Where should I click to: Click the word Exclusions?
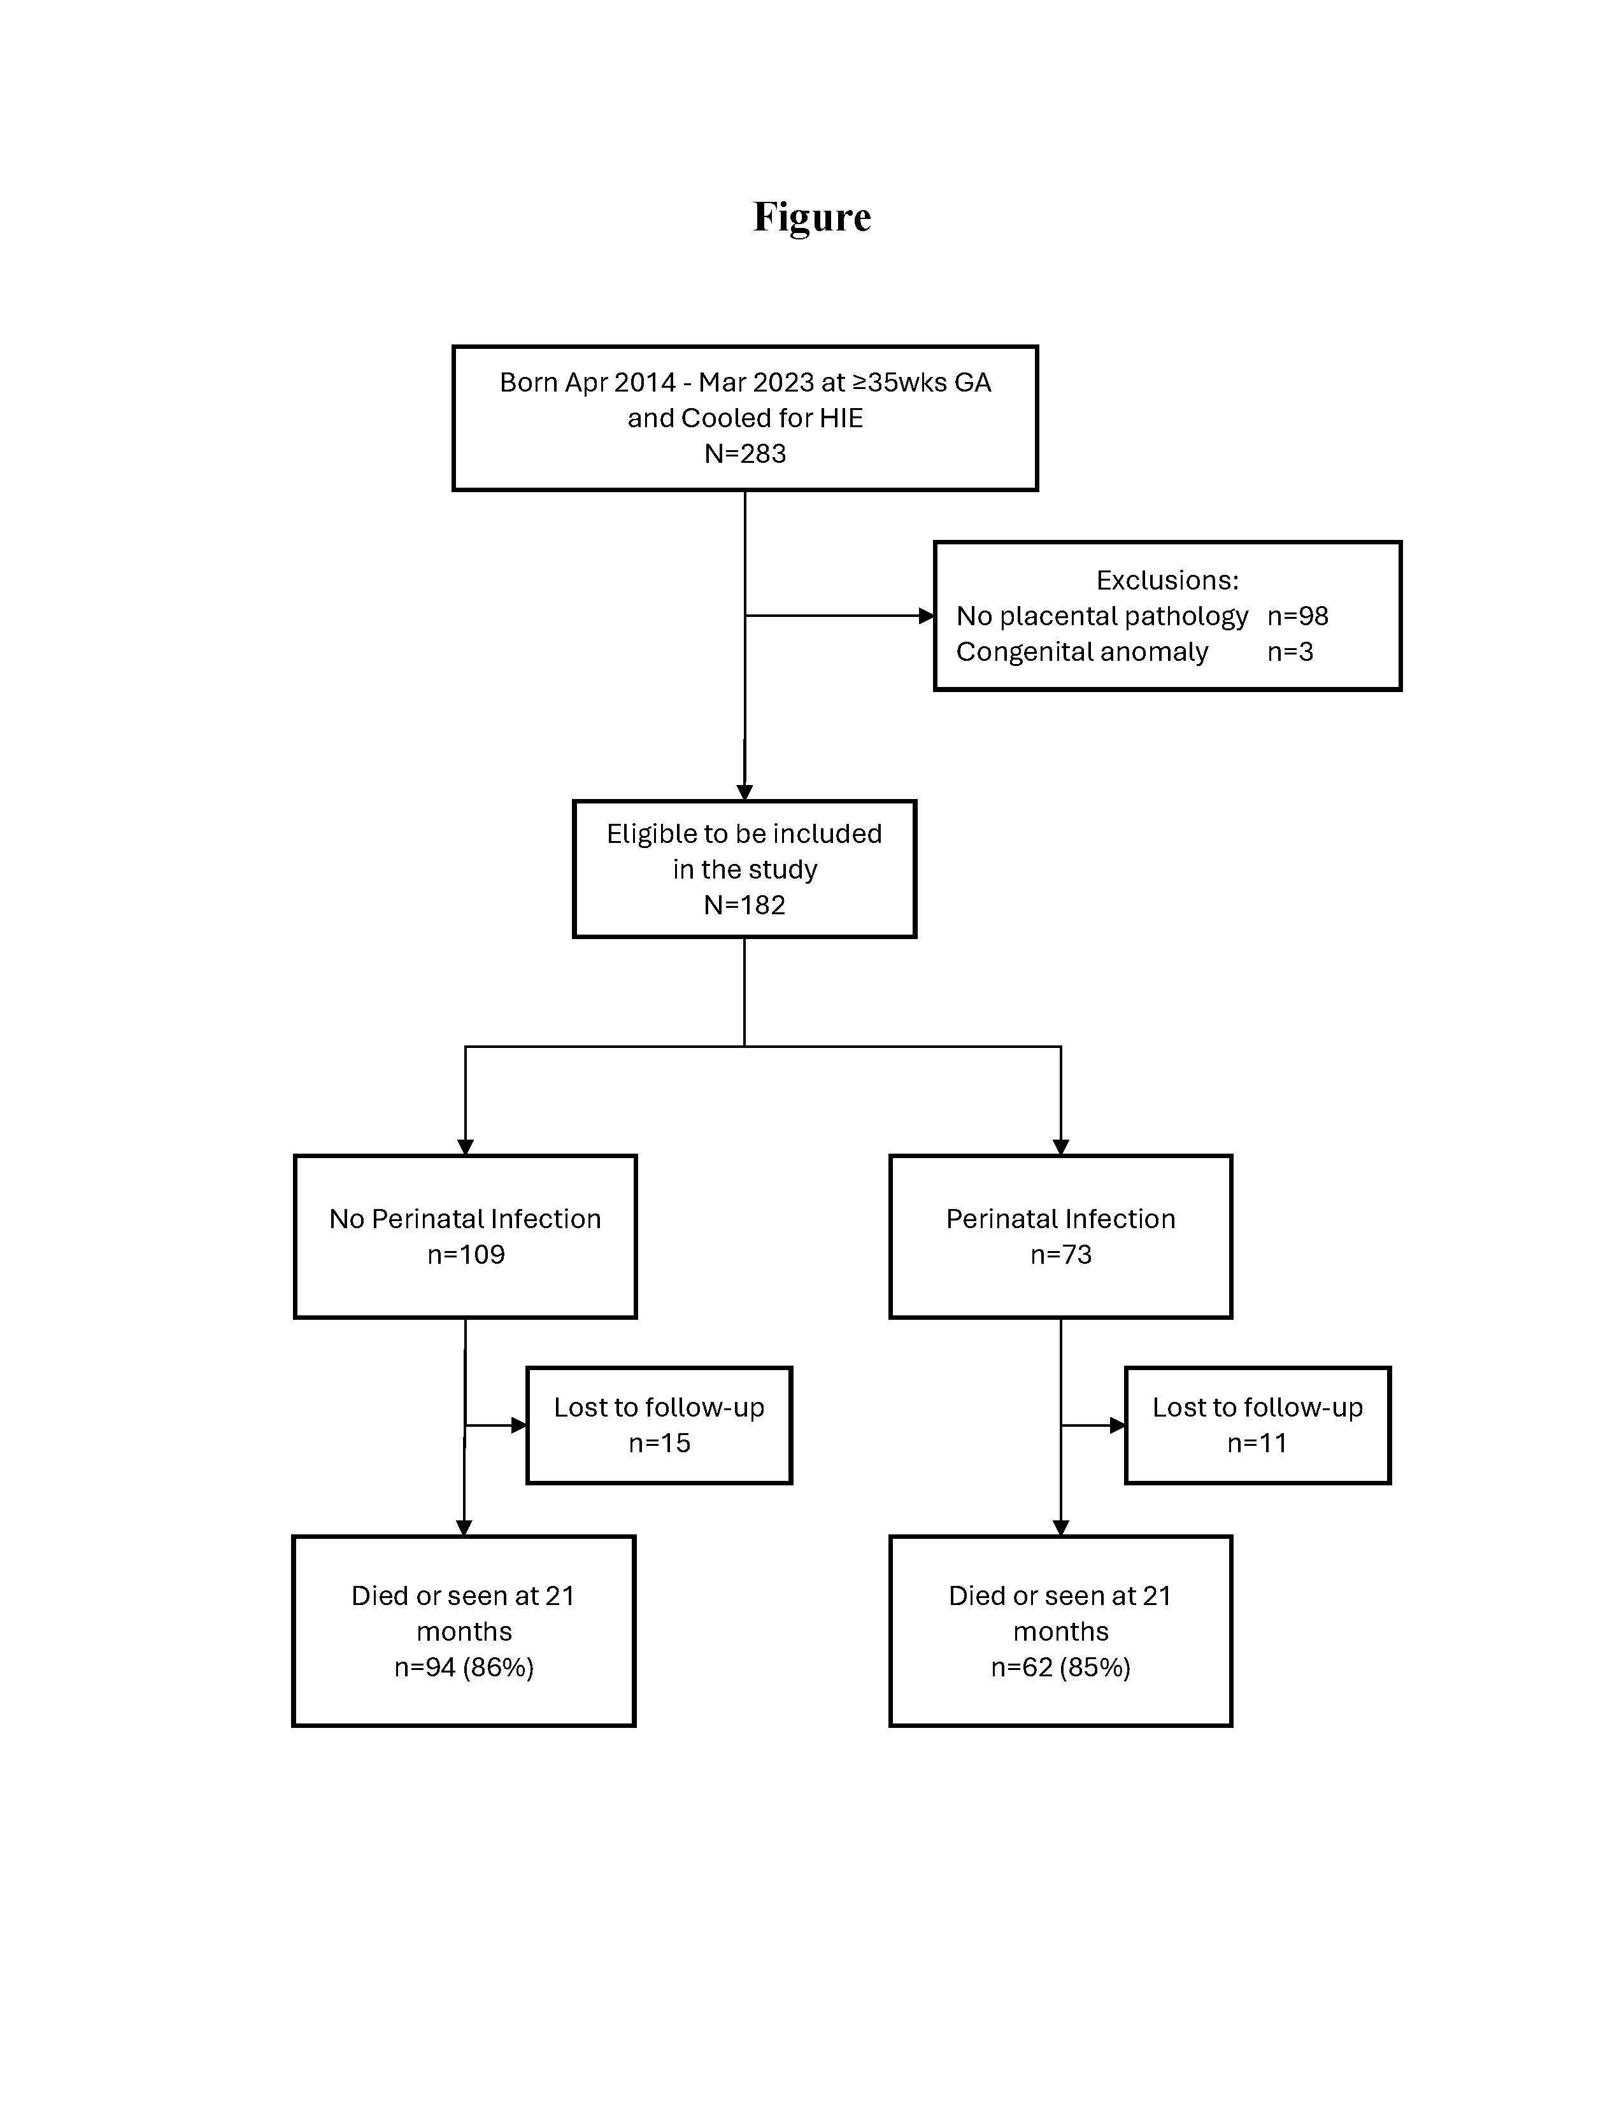(x=1167, y=580)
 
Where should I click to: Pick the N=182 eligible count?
(x=744, y=904)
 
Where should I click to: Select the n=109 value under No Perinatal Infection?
(x=466, y=1254)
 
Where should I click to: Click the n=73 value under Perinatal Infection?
(x=1060, y=1254)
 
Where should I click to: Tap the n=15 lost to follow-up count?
(x=659, y=1443)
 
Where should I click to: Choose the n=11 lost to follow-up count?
(x=1257, y=1443)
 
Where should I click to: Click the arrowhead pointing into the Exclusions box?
(x=927, y=616)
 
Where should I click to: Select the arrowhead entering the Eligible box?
(x=744, y=793)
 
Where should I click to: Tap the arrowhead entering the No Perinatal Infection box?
(x=465, y=1147)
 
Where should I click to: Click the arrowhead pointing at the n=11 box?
(x=1118, y=1425)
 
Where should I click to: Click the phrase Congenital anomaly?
(x=1081, y=652)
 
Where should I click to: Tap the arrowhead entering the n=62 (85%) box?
(x=1060, y=1527)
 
